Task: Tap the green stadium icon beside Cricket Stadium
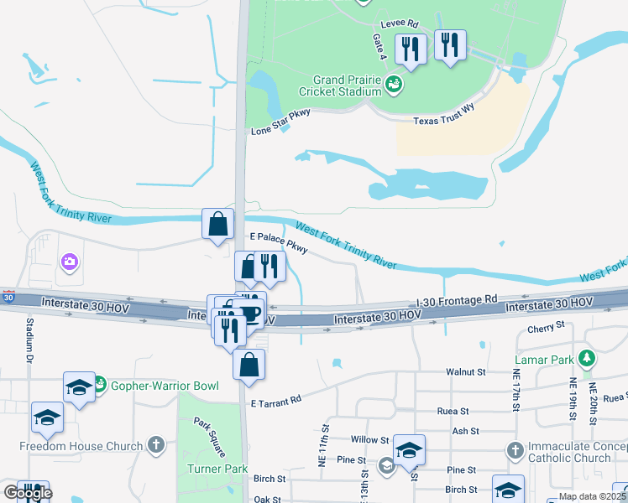(393, 83)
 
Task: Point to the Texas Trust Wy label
(444, 121)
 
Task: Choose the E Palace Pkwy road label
(280, 244)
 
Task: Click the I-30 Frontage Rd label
(458, 298)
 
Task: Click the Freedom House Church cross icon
(154, 444)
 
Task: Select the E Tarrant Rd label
(275, 403)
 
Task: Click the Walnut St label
(467, 371)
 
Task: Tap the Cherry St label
(546, 329)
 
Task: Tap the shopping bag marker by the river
(218, 225)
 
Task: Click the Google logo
(27, 493)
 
